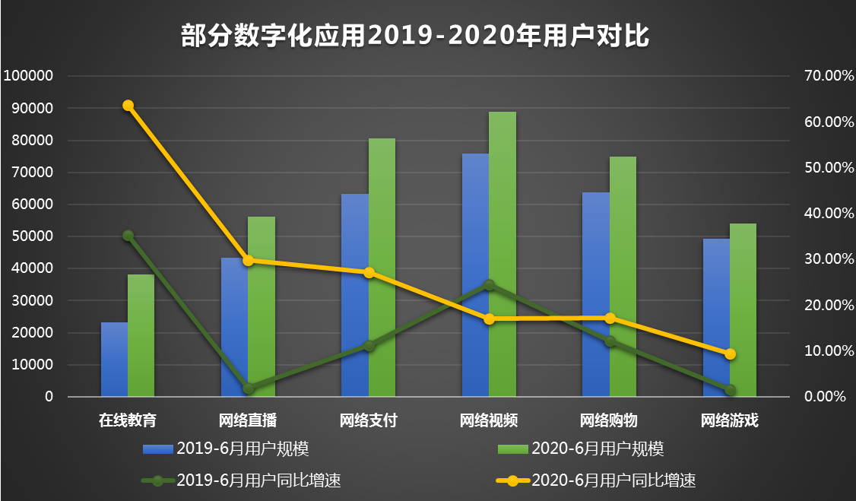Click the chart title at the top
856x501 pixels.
click(416, 36)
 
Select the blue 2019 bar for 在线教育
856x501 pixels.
click(114, 359)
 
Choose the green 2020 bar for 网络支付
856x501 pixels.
click(382, 267)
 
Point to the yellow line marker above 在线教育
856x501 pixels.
click(128, 106)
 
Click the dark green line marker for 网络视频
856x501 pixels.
click(490, 285)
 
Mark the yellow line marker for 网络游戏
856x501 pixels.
click(730, 354)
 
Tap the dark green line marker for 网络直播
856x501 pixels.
click(249, 388)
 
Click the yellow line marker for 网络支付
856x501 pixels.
click(369, 272)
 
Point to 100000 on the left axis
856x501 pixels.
click(28, 76)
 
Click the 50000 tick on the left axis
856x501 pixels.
click(31, 236)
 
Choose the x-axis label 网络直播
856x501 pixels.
click(248, 420)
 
